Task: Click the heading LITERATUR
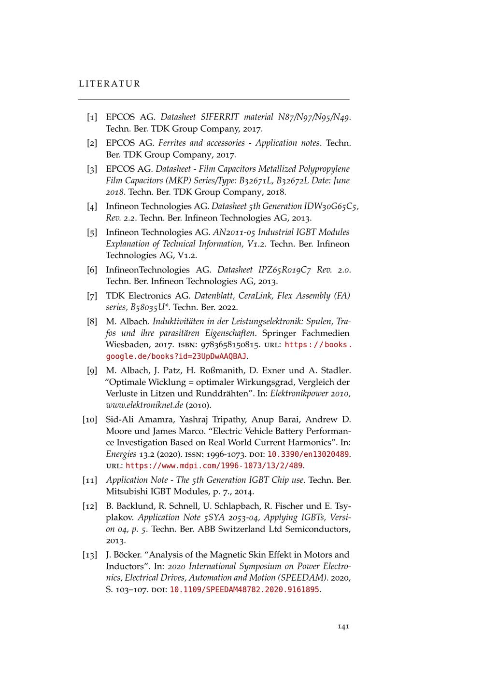click(x=109, y=84)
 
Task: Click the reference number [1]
click(x=92, y=117)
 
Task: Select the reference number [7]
click(x=92, y=296)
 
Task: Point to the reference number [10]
click(x=90, y=420)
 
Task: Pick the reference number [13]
click(x=90, y=555)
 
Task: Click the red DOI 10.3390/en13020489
click(x=308, y=454)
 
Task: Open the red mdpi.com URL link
click(x=214, y=466)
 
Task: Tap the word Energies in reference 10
click(x=121, y=454)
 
